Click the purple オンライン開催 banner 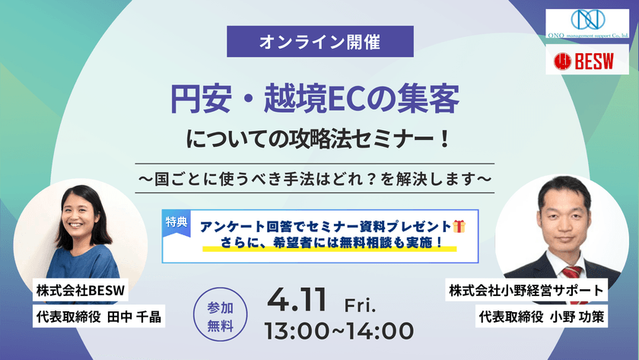(320, 42)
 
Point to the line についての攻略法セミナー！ (319, 141)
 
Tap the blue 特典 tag (176, 221)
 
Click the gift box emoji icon (459, 226)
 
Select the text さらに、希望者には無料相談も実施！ (329, 245)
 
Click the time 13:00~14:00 (339, 331)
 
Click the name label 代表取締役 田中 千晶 (99, 316)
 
